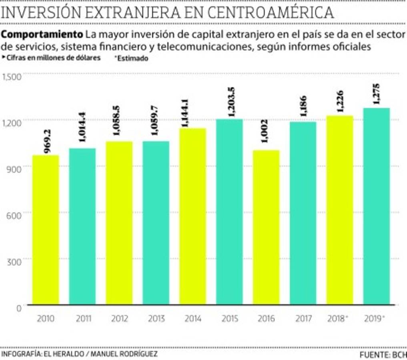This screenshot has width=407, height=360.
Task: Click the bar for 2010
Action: click(x=46, y=230)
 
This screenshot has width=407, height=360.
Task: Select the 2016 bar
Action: click(x=266, y=227)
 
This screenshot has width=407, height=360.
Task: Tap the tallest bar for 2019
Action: click(x=377, y=206)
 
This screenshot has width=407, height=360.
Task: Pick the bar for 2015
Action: click(x=229, y=212)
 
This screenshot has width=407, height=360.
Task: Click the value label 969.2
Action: click(x=46, y=141)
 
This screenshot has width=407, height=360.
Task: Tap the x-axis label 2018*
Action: click(x=340, y=319)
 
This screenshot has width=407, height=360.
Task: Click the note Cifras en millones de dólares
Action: click(x=53, y=58)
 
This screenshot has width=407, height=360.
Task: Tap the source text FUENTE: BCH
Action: click(x=383, y=355)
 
